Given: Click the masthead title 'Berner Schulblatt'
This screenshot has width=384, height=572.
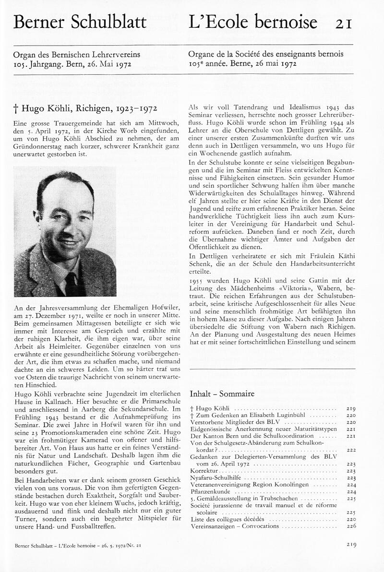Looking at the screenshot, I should click(80, 22).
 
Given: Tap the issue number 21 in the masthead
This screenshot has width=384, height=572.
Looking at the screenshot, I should click(344, 23).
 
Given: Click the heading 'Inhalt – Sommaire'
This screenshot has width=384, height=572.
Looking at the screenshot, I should click(222, 394).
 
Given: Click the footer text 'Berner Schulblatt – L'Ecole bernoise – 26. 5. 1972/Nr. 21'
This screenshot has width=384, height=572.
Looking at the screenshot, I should click(77, 545).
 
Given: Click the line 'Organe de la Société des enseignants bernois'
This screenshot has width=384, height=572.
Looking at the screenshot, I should click(266, 55).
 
